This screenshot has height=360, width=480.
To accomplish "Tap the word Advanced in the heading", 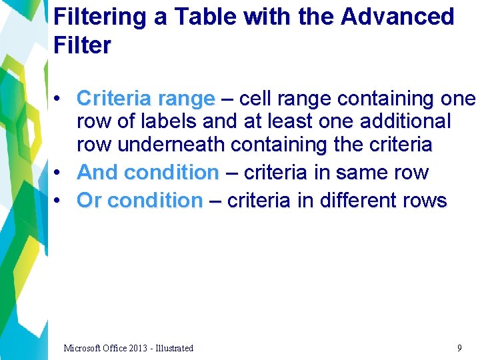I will [397, 17].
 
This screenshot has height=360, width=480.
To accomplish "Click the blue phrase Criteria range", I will [145, 99].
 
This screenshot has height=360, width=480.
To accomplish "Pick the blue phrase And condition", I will [148, 173].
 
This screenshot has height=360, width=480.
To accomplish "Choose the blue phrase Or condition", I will [140, 201].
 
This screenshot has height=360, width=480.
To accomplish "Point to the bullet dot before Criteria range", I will [59, 99].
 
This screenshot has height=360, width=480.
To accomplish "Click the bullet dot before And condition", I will [59, 173].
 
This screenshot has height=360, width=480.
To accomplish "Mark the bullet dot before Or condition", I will [59, 201].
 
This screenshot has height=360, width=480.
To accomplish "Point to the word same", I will [361, 173].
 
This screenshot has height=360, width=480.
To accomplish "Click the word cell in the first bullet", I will [254, 99].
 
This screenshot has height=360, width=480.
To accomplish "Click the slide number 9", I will [459, 347].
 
